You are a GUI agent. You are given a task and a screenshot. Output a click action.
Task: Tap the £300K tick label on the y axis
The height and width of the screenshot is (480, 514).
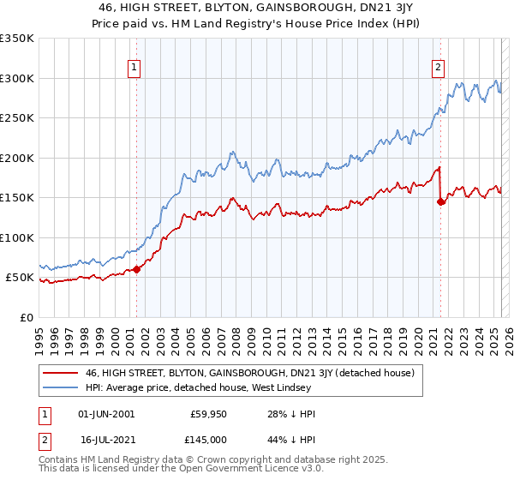[17, 78]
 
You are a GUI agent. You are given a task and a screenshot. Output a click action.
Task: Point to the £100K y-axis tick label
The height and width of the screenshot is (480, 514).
[17, 237]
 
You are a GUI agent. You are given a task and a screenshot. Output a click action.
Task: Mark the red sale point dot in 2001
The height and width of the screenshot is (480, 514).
[136, 270]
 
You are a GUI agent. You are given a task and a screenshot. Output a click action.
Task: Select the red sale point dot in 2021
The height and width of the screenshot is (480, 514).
[440, 202]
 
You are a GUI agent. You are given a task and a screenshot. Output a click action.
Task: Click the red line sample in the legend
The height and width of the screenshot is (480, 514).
[61, 373]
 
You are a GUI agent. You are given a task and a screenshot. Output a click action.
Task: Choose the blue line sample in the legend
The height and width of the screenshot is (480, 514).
[61, 387]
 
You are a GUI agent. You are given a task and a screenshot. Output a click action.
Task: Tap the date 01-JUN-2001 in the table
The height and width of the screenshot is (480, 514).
[106, 414]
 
